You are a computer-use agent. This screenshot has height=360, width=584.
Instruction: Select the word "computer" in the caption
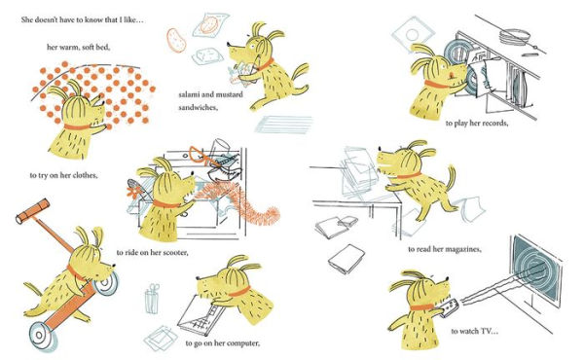pos(243,342)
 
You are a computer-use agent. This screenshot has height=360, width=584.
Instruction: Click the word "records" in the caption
pos(493,123)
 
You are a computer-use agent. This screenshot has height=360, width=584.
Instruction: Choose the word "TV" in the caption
pos(489,331)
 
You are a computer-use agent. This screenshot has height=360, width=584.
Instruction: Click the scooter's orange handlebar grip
pos(32,211)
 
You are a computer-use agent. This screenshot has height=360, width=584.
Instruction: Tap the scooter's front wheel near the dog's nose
pos(106,284)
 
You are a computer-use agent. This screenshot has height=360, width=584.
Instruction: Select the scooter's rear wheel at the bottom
pos(43,337)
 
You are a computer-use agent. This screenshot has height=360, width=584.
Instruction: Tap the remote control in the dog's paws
pos(449,307)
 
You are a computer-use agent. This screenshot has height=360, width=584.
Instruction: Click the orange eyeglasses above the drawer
pos(204,156)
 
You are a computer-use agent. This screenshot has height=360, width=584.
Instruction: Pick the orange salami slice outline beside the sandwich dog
pos(176,40)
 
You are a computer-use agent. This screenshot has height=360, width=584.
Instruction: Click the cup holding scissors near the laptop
pos(151,299)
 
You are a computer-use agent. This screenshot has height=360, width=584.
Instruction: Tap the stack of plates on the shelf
pos(515,36)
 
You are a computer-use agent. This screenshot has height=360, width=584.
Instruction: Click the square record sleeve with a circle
pos(413,35)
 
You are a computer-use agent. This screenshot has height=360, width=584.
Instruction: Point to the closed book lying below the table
pos(347,259)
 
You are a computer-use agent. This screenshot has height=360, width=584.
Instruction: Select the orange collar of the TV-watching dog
pos(422,307)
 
